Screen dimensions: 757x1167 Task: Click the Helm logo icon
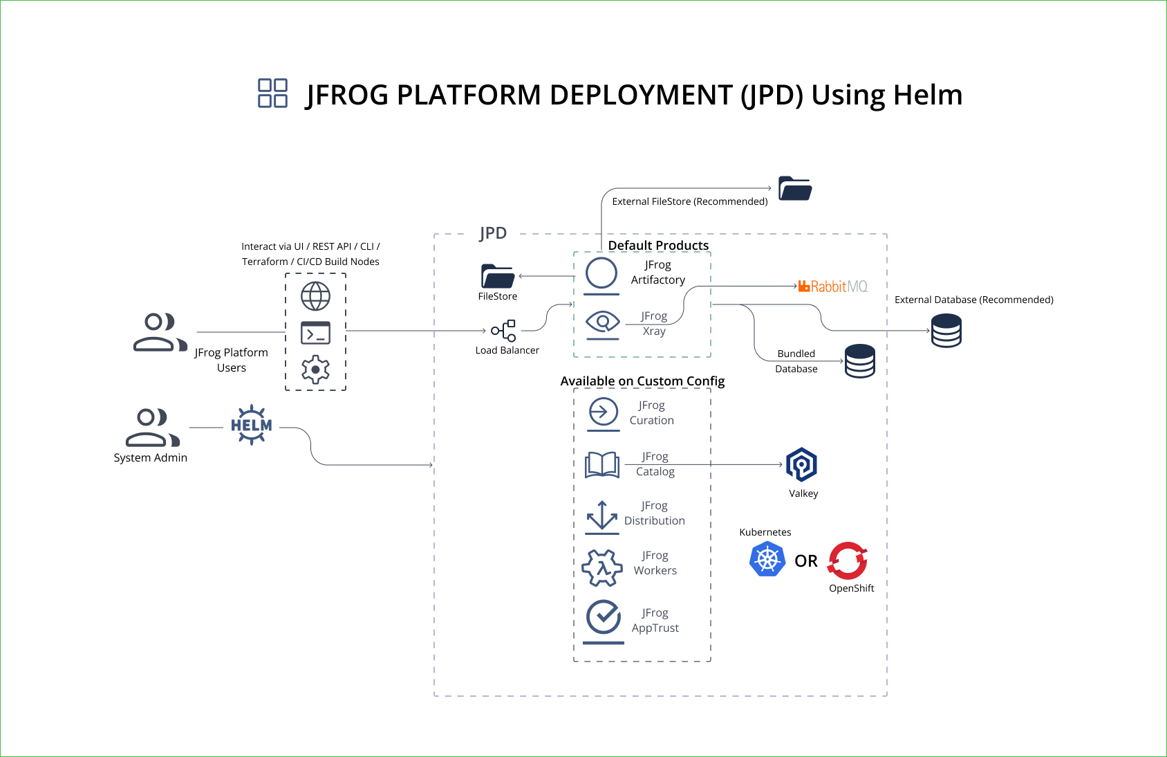click(x=251, y=425)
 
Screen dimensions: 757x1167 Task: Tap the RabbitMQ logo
click(x=832, y=286)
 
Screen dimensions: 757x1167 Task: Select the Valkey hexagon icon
click(x=801, y=464)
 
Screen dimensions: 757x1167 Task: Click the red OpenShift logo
click(x=848, y=560)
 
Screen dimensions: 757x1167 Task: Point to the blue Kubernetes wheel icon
click(x=767, y=559)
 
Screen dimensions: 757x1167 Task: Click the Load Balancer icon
click(x=504, y=331)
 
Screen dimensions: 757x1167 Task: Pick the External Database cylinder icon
click(x=946, y=330)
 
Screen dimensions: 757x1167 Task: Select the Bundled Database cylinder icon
click(x=859, y=361)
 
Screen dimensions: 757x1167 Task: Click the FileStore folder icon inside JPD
click(x=498, y=276)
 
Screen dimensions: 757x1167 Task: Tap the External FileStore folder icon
click(x=795, y=188)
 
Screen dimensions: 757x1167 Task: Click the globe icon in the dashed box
click(x=315, y=296)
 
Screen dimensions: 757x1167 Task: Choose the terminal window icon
click(x=315, y=333)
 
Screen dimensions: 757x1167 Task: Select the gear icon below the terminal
click(x=315, y=370)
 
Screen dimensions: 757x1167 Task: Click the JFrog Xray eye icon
click(x=602, y=322)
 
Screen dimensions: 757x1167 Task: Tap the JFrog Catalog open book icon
click(x=602, y=465)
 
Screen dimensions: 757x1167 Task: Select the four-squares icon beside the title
click(x=272, y=93)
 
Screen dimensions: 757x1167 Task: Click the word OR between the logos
click(x=806, y=561)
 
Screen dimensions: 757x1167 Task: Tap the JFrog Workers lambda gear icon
click(x=602, y=568)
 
